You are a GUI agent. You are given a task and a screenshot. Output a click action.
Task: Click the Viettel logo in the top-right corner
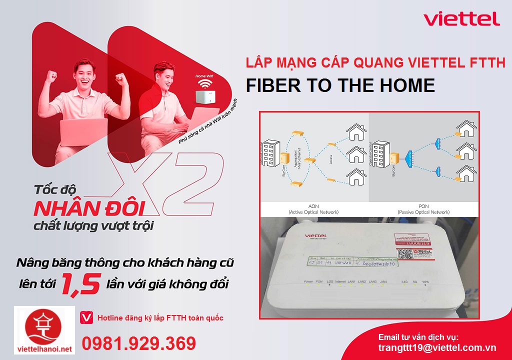coord(461,19)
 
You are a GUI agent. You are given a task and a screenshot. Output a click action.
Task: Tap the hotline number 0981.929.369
coord(138,343)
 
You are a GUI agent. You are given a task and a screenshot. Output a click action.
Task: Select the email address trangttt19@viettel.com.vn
coord(437,347)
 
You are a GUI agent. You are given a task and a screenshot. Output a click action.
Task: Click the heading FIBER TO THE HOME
coord(340,85)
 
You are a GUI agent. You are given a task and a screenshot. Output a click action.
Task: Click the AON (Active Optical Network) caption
coord(313,209)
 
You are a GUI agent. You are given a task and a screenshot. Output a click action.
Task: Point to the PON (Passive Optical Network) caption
coord(423,209)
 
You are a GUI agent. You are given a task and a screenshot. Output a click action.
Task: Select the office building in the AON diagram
coord(271,152)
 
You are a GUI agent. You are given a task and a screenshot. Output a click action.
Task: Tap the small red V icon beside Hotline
coord(86,317)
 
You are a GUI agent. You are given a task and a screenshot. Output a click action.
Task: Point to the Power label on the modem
coord(308,281)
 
